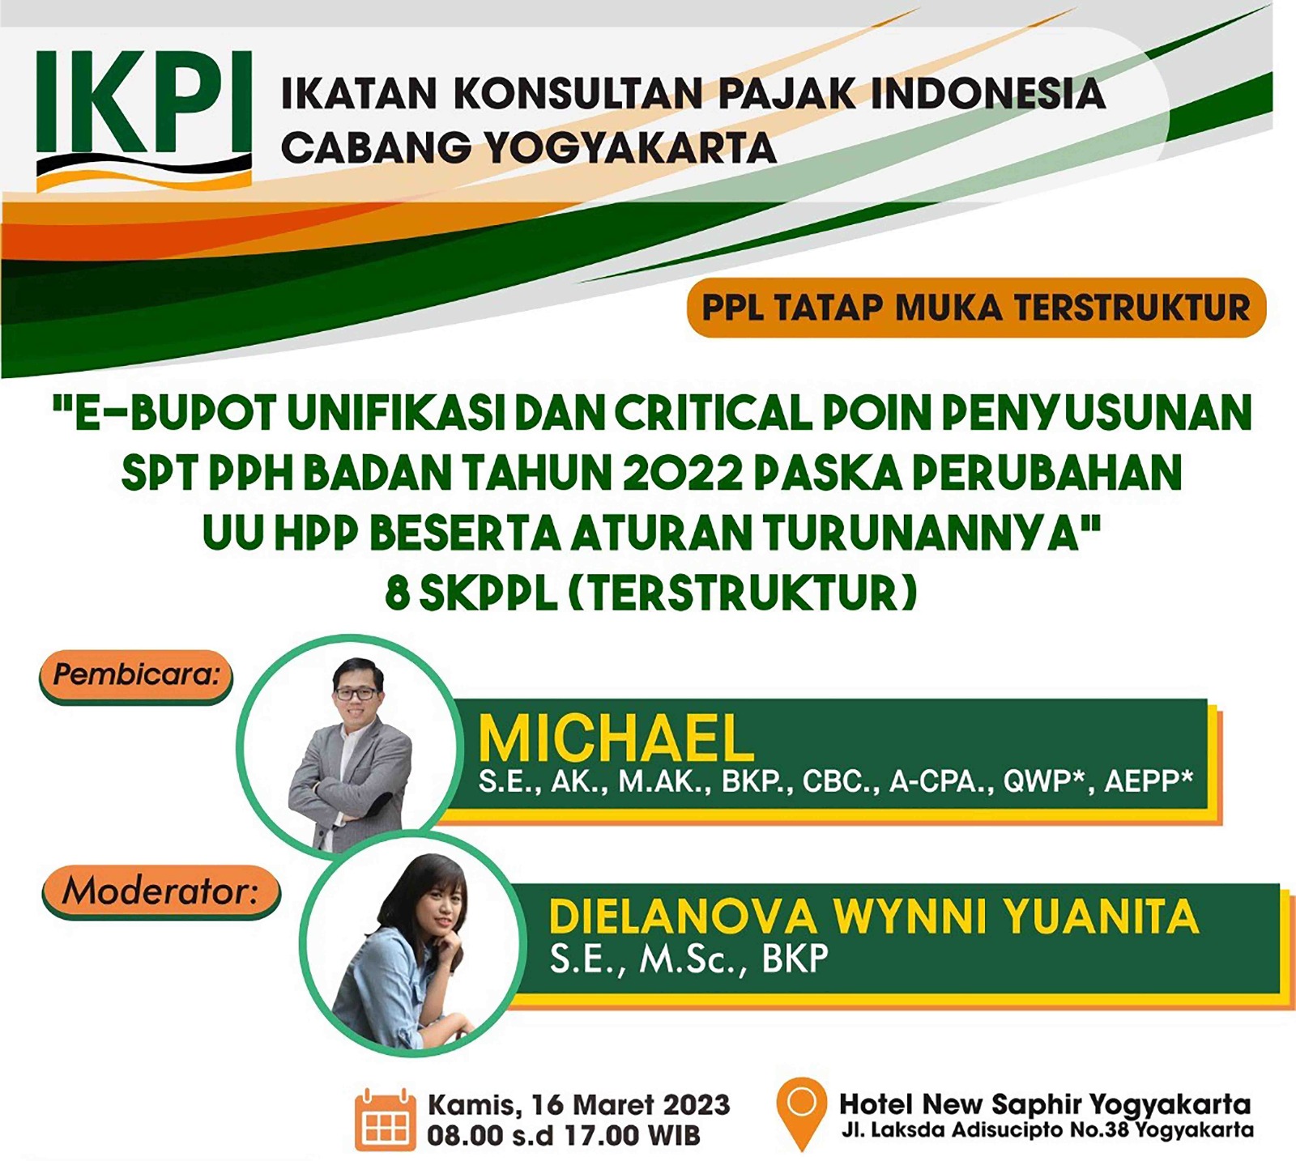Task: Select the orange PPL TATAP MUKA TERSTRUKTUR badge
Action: pyautogui.click(x=976, y=308)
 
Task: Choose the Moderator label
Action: pyautogui.click(x=160, y=892)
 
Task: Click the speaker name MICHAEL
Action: pyautogui.click(x=616, y=738)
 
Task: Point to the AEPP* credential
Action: pyautogui.click(x=1149, y=780)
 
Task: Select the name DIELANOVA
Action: pyautogui.click(x=683, y=917)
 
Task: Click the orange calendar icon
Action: pyautogui.click(x=385, y=1120)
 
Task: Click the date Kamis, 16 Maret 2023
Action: pyautogui.click(x=578, y=1105)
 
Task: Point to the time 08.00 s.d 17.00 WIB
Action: pyautogui.click(x=564, y=1135)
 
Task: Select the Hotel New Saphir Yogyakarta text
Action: pyautogui.click(x=1045, y=1104)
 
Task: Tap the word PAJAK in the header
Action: pyautogui.click(x=787, y=93)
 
